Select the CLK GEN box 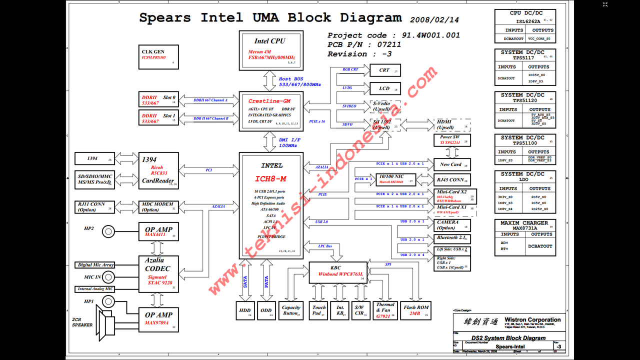click(158, 57)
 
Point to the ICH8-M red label click(271, 178)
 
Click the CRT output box click(384, 70)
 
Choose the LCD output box click(384, 88)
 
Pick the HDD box click(245, 310)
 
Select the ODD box click(266, 310)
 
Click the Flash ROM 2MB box click(416, 310)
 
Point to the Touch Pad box click(318, 310)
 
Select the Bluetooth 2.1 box click(452, 238)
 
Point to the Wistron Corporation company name click(532, 320)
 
